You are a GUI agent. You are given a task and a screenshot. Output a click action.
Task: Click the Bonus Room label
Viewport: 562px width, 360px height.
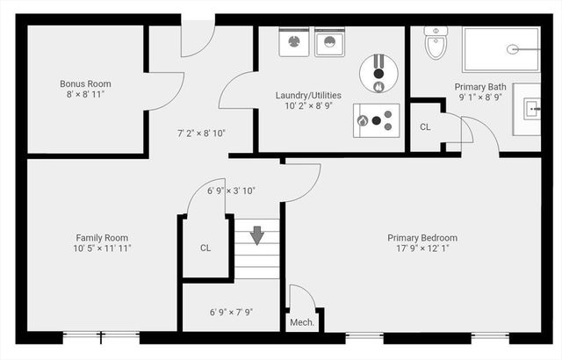[x=85, y=83]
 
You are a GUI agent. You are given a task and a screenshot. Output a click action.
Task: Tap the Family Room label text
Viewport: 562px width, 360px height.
[x=102, y=238]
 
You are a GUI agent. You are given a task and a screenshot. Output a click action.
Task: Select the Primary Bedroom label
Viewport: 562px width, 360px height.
[x=422, y=238]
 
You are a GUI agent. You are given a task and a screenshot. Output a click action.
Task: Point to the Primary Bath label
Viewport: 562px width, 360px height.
[x=480, y=87]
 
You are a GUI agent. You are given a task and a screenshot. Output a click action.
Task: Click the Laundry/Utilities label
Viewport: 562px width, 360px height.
[x=308, y=96]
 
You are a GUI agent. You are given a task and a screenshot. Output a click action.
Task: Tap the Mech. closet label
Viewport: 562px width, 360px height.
[x=302, y=322]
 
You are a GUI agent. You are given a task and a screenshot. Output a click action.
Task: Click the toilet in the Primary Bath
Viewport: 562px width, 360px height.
[x=436, y=42]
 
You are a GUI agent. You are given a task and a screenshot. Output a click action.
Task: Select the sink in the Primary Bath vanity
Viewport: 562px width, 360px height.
[x=532, y=109]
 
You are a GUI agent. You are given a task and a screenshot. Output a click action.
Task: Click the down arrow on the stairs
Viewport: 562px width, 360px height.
[x=257, y=235]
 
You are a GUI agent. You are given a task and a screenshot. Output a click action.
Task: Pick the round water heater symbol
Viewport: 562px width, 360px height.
[x=378, y=74]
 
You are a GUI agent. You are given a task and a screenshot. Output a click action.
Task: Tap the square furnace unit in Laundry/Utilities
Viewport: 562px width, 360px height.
[x=377, y=120]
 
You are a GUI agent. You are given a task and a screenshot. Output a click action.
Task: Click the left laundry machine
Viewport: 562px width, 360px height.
[x=294, y=42]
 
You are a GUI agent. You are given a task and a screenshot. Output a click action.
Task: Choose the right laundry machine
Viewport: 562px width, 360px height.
[x=330, y=42]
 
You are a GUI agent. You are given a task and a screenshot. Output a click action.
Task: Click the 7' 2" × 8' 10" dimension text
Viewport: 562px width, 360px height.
[x=201, y=133]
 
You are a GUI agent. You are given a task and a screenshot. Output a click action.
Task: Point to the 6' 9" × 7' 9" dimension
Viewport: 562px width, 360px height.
[x=231, y=313]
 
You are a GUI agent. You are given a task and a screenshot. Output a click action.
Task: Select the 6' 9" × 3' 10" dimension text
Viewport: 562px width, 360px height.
[x=231, y=191]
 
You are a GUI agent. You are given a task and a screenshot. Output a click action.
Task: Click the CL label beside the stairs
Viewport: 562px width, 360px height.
[x=205, y=248]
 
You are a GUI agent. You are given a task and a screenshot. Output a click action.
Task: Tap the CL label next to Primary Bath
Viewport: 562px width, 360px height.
[x=425, y=126]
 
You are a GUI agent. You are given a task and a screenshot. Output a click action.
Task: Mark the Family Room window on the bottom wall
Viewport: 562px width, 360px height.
[x=102, y=336]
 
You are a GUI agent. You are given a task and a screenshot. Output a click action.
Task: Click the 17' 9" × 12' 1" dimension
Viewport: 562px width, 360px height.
[x=422, y=248]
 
